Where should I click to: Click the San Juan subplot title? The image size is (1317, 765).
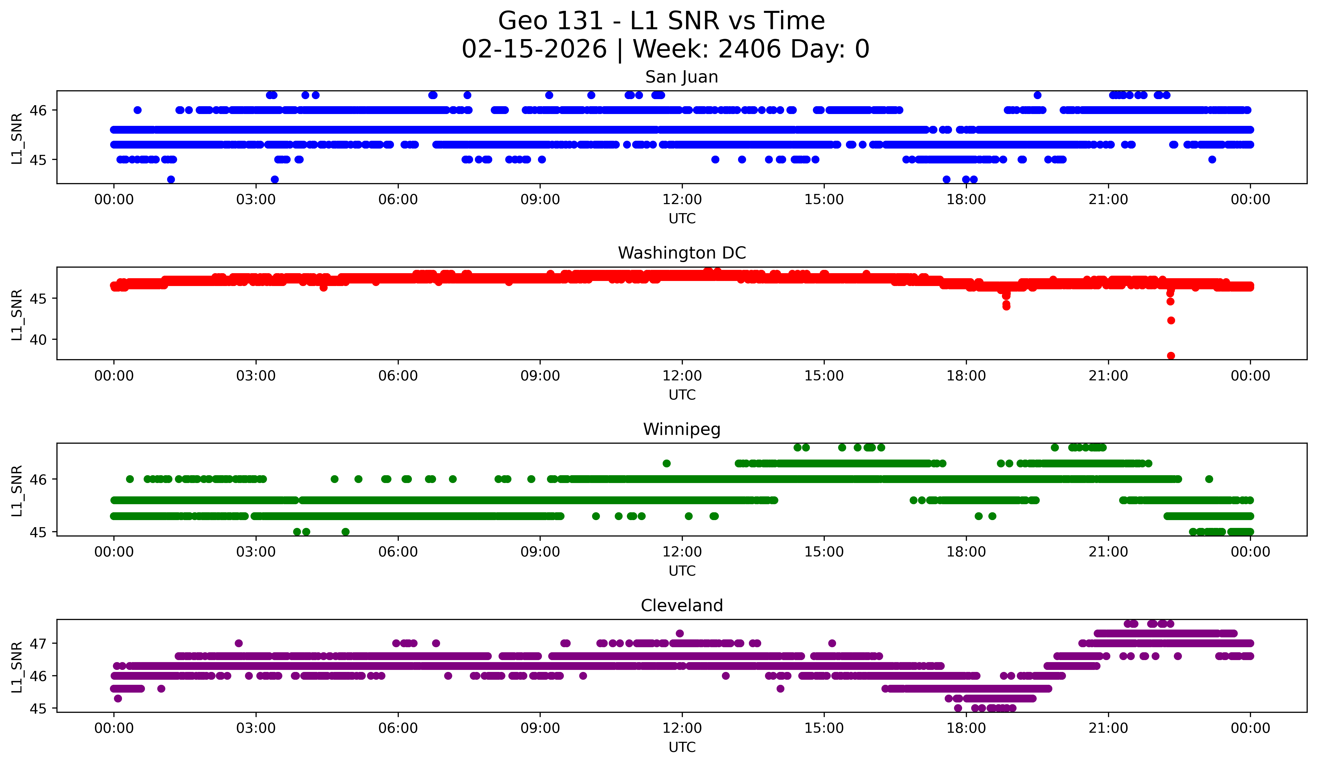(x=682, y=77)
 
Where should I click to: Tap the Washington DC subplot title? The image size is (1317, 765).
(x=682, y=253)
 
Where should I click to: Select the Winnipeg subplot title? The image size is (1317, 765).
(x=682, y=429)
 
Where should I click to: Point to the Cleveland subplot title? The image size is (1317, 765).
(x=682, y=606)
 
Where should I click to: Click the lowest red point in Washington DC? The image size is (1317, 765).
(x=1171, y=356)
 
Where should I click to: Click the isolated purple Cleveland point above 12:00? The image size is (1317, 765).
(x=679, y=633)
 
